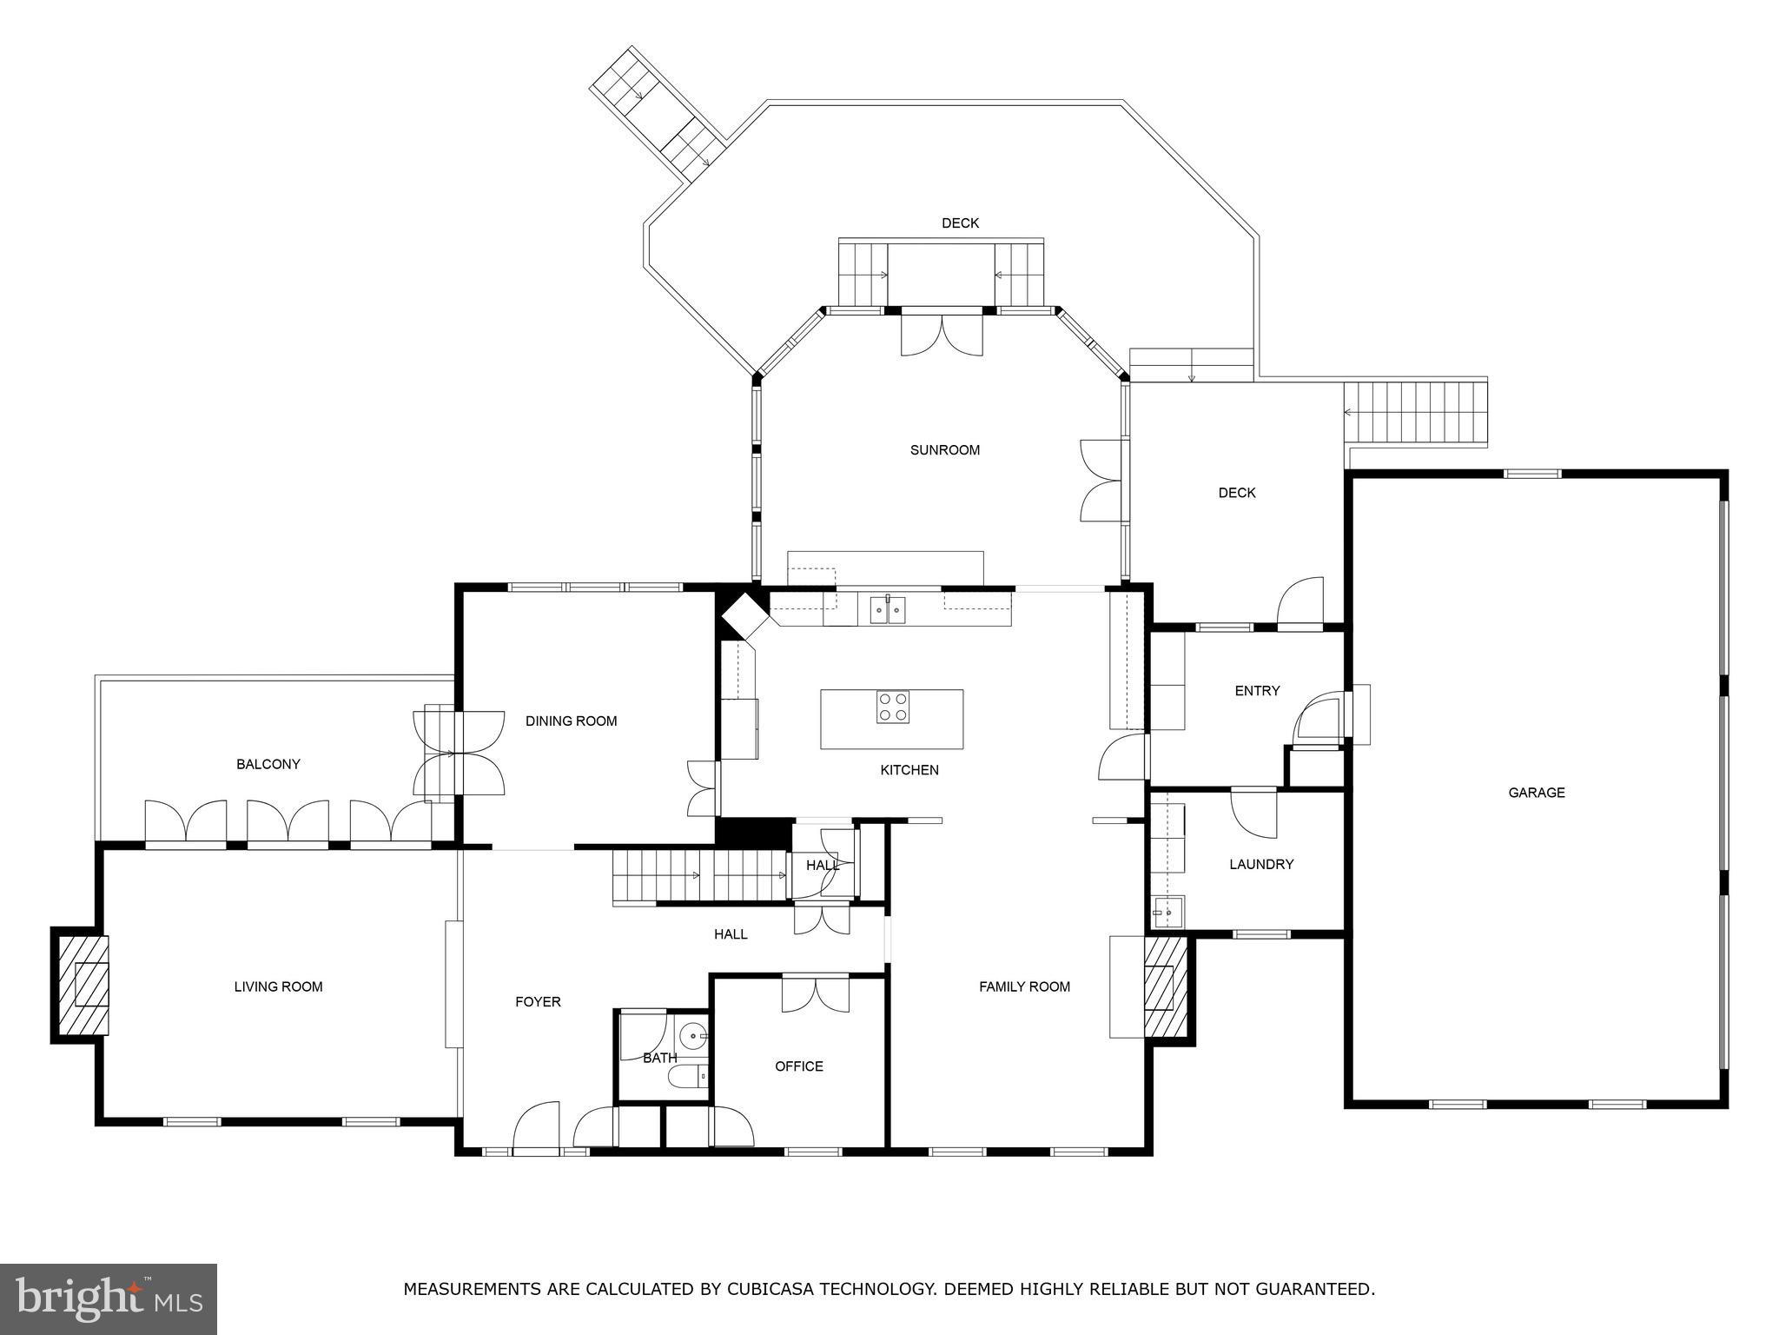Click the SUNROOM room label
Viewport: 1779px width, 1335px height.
(x=944, y=449)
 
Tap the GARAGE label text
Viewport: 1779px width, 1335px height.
(x=1536, y=792)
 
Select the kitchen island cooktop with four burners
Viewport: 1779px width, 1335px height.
(x=892, y=707)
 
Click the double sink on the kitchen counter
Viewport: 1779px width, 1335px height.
(x=888, y=610)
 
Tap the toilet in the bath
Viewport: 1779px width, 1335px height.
(x=688, y=1078)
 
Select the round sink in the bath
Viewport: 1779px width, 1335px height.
(x=692, y=1036)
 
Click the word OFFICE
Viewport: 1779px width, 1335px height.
(x=798, y=1066)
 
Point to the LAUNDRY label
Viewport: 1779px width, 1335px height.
(x=1260, y=864)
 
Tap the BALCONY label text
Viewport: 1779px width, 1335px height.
(x=268, y=764)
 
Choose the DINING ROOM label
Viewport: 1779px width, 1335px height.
(x=571, y=721)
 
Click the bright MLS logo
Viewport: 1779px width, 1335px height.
(x=108, y=1298)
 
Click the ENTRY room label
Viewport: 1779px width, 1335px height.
(x=1256, y=690)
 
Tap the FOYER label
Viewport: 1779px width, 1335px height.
(x=538, y=1001)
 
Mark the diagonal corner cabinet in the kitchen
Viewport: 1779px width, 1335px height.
(x=744, y=614)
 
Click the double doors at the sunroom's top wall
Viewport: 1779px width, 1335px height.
(x=942, y=335)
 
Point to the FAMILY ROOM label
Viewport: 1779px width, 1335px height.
(x=1023, y=986)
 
